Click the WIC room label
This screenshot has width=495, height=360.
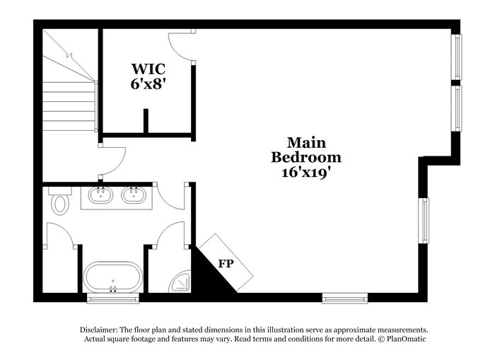(148, 69)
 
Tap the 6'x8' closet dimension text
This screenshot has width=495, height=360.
(148, 83)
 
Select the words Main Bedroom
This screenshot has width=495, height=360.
(306, 150)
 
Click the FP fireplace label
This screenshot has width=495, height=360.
(226, 263)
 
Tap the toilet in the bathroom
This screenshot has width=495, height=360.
(60, 202)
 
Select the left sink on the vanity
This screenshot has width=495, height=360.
(100, 194)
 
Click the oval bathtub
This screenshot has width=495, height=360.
(112, 277)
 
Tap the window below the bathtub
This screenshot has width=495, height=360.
(112, 298)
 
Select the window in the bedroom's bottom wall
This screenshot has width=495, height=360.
(344, 298)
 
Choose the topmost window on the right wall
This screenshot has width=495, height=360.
(457, 57)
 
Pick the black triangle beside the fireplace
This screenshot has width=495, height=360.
(205, 275)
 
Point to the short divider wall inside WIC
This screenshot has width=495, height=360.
(146, 121)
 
